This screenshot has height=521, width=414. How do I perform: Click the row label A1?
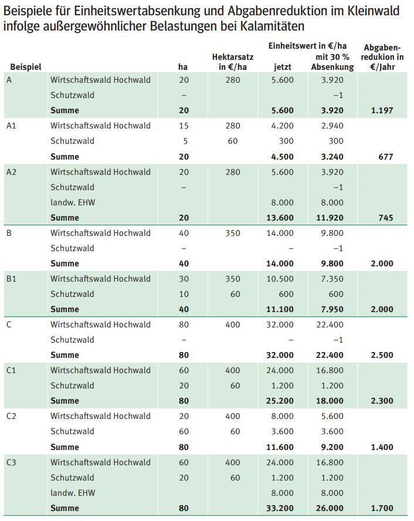coord(12,126)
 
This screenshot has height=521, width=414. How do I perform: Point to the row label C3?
coord(12,462)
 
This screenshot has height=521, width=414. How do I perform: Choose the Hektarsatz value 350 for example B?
coord(232,233)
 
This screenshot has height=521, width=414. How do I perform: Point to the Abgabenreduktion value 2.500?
coord(382,355)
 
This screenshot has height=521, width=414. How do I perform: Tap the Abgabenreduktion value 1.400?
coord(382,447)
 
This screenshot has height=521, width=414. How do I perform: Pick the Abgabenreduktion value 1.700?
coord(382,508)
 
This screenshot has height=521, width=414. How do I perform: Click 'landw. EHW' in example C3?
coord(73,493)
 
